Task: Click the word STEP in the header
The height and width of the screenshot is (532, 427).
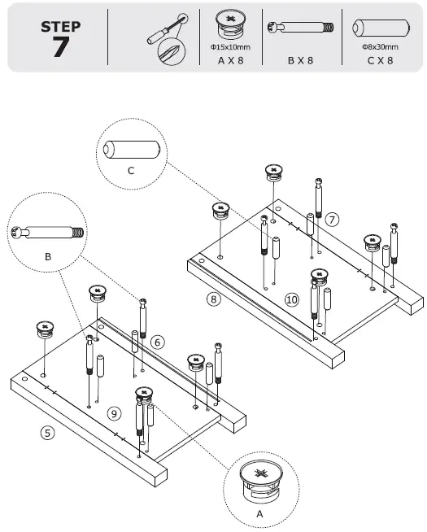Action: (x=60, y=26)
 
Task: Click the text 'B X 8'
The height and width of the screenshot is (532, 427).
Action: (x=300, y=60)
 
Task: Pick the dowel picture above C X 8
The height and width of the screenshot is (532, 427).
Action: (x=379, y=28)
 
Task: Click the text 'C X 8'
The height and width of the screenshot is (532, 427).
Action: (x=380, y=60)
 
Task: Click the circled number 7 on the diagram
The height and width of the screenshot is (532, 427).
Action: (x=331, y=220)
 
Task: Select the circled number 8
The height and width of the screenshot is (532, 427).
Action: (x=213, y=299)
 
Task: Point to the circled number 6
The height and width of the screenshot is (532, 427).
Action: (x=158, y=342)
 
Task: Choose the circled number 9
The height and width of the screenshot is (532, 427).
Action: (x=115, y=412)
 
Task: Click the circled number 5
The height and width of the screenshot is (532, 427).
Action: (x=48, y=433)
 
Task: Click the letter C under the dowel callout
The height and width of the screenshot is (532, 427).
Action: (x=131, y=170)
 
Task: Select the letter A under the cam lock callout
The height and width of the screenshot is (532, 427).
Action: (x=260, y=514)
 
